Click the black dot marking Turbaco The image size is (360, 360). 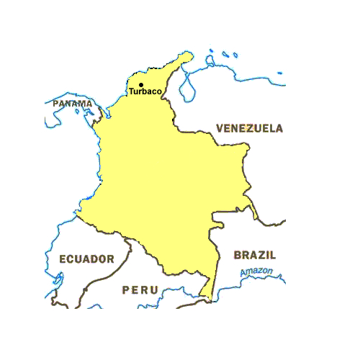tap(140, 85)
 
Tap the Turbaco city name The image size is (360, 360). tap(145, 92)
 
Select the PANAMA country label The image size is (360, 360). tap(73, 104)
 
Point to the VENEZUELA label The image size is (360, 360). tap(249, 128)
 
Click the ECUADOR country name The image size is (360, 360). tap(86, 258)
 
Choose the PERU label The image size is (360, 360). tap(140, 289)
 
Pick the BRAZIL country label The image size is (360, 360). tap(255, 255)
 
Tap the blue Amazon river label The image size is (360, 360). tap(257, 271)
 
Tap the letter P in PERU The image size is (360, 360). tap(126, 289)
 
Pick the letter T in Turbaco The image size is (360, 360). tap(132, 92)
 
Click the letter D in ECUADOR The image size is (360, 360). tap(91, 258)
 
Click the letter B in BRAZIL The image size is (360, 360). tap(238, 255)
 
